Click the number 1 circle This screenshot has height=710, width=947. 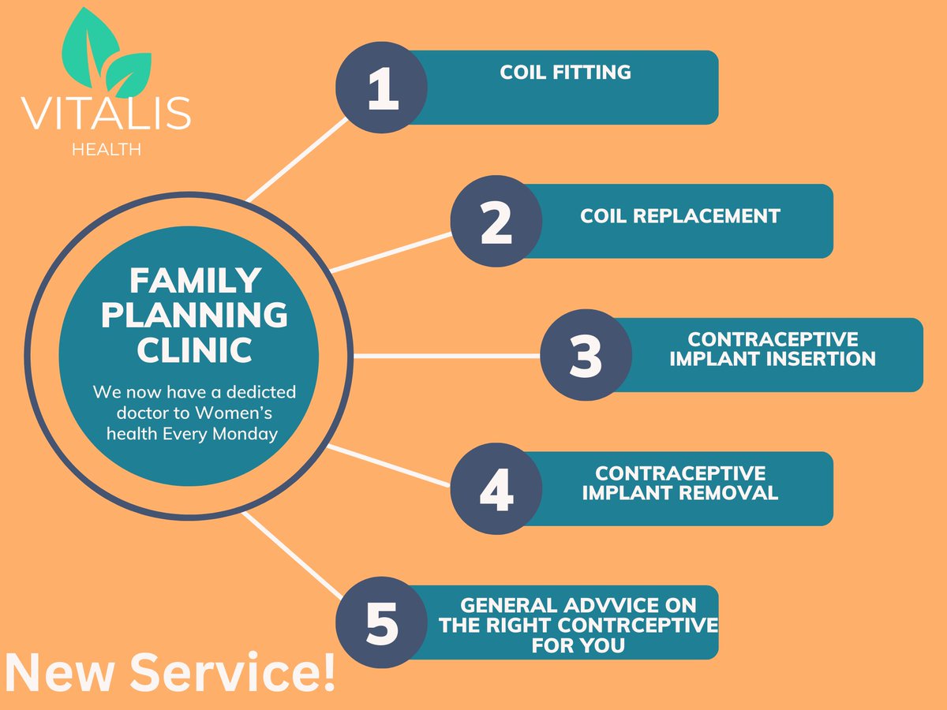[381, 88]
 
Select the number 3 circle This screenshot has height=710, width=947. [586, 355]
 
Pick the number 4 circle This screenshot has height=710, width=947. [496, 488]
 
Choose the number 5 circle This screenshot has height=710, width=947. [381, 622]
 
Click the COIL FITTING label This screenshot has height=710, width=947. [565, 73]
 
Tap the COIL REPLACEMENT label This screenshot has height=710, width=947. [679, 215]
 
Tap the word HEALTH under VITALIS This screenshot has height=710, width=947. [107, 150]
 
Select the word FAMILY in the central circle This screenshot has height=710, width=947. [194, 280]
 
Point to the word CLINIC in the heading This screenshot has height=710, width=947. [194, 350]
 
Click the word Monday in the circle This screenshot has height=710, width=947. [246, 434]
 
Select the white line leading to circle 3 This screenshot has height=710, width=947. [446, 356]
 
